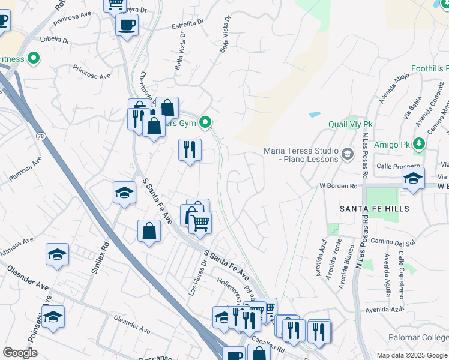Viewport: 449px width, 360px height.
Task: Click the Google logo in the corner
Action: pos(20,353)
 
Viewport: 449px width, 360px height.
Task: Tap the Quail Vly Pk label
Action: pos(351,124)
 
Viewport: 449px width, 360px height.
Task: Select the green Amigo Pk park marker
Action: pos(418,145)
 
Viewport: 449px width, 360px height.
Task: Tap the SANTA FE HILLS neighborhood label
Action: pos(374,209)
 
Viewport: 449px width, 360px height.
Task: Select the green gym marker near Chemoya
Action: pos(205,124)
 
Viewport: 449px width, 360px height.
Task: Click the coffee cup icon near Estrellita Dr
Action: pos(127,25)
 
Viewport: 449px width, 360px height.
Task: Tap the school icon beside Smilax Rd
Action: pos(124,193)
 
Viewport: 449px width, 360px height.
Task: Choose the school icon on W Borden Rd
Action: pos(413,178)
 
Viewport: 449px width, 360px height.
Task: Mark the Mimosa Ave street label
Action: pos(16,247)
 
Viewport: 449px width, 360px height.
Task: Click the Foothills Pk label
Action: pos(427,69)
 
